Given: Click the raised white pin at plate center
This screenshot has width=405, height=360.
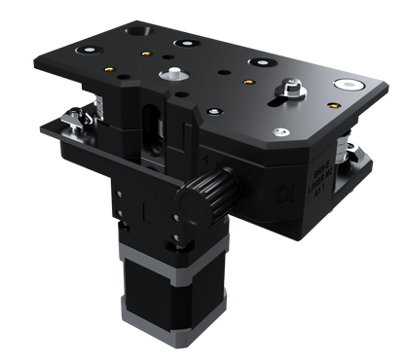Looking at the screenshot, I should (x=173, y=74).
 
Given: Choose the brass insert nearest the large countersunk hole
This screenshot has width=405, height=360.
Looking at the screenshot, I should (x=147, y=54).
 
